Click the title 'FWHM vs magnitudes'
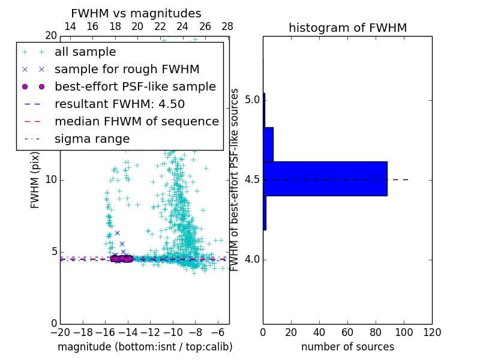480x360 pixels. (136, 14)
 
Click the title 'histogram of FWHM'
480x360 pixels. (347, 28)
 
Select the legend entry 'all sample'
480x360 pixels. (85, 52)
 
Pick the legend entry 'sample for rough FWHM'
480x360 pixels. (127, 70)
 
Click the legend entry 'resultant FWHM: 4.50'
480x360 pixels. (119, 104)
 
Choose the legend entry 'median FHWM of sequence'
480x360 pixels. (137, 122)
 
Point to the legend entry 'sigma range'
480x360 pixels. (92, 139)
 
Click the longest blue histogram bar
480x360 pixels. (325, 179)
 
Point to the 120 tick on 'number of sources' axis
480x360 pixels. (432, 332)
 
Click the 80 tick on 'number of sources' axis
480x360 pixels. (376, 332)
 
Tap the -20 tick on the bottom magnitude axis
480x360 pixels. (60, 332)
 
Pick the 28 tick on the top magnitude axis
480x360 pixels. (227, 27)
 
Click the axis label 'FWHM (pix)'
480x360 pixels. (35, 179)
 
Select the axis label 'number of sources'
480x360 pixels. (347, 347)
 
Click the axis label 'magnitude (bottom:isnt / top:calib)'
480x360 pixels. (145, 347)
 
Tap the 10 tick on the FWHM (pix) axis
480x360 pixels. (51, 180)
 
